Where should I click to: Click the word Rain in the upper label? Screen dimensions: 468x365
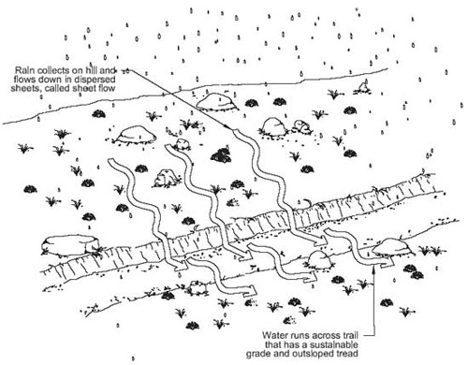click(x=23, y=70)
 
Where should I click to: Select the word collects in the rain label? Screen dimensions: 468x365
click(x=50, y=70)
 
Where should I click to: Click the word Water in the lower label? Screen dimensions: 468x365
click(x=274, y=335)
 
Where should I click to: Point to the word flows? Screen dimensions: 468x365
click(x=24, y=80)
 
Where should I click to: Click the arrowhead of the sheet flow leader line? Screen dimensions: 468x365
click(x=229, y=128)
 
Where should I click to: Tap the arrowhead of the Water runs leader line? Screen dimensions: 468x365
click(x=373, y=268)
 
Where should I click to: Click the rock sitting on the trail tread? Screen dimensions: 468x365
click(x=321, y=260)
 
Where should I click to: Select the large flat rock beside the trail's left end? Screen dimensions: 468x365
click(x=69, y=244)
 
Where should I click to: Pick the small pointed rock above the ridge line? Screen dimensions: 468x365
click(x=363, y=87)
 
